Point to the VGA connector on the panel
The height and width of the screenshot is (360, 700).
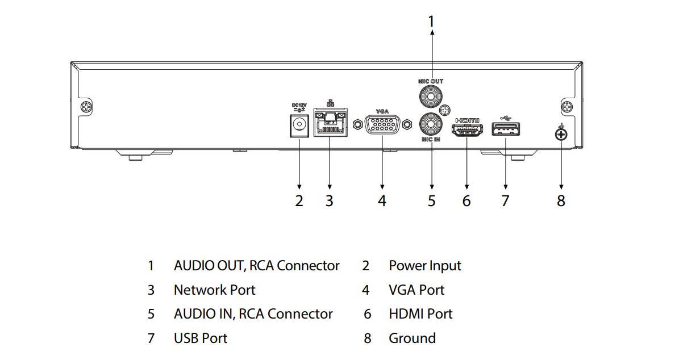[x=382, y=125]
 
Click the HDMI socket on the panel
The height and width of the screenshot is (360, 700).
[x=466, y=130]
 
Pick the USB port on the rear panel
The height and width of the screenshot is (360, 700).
[x=505, y=131]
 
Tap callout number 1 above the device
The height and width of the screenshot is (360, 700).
[x=431, y=22]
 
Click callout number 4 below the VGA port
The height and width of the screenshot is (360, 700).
[x=382, y=200]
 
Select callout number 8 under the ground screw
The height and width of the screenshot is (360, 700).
[x=561, y=200]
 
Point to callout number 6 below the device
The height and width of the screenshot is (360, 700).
[x=466, y=200]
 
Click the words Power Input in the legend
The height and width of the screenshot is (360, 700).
[x=425, y=266]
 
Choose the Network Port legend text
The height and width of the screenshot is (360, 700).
[x=214, y=290]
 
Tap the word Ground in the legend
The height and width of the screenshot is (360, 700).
[x=412, y=338]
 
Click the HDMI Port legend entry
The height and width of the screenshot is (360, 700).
[x=420, y=314]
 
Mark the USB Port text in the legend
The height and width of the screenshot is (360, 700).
[x=200, y=338]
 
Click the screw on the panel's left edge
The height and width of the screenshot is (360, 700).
[x=86, y=106]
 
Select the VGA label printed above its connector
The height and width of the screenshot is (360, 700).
[x=382, y=112]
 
